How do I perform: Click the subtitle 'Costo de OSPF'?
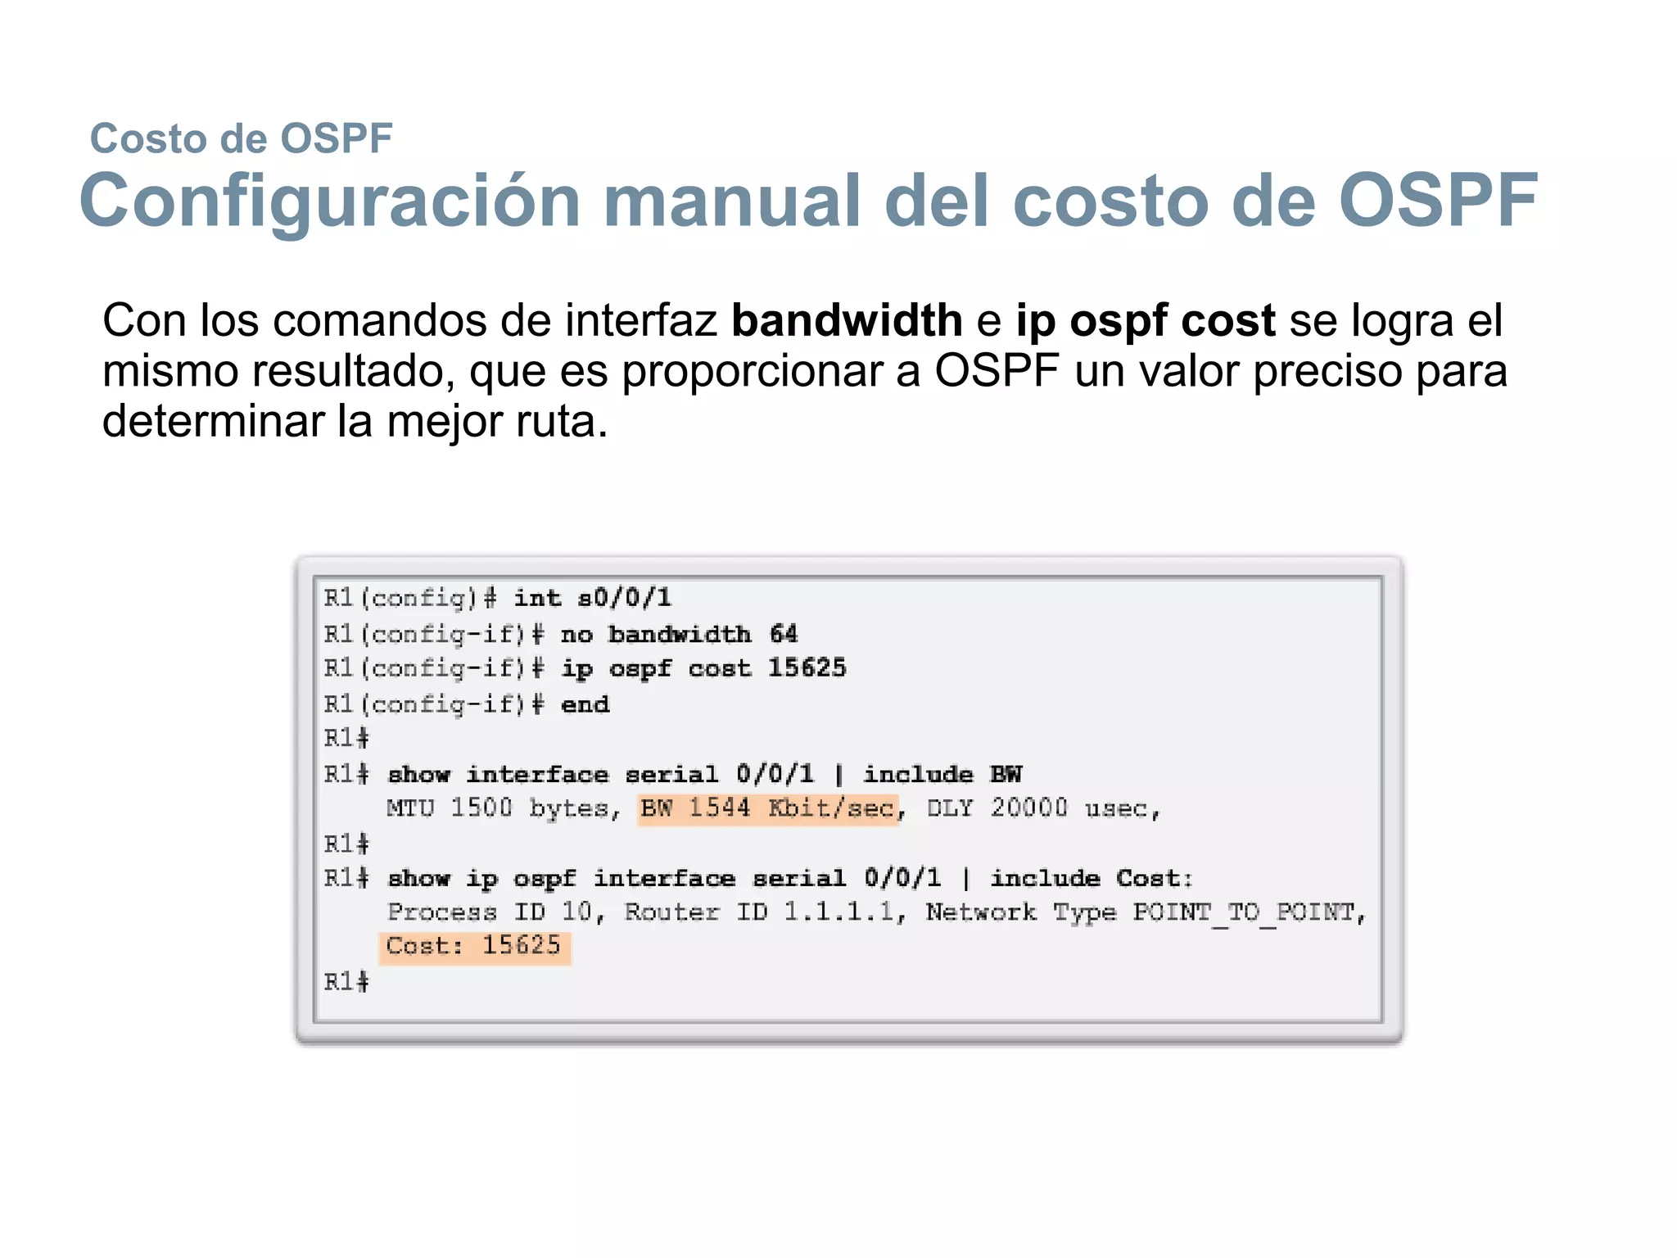[x=241, y=138]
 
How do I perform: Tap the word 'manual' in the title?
[x=731, y=201]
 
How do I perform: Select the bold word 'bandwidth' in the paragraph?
[x=846, y=320]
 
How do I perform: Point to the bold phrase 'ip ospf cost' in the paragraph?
[x=1145, y=320]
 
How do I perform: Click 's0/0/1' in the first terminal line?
[x=624, y=598]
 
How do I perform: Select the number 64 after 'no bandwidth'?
[x=783, y=634]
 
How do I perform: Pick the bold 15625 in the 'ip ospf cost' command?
[x=807, y=668]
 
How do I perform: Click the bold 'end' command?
[x=585, y=704]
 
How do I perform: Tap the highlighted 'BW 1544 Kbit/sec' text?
[x=767, y=809]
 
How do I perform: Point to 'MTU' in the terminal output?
[x=410, y=809]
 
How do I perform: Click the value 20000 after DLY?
[x=1028, y=809]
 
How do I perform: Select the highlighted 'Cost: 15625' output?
[x=474, y=946]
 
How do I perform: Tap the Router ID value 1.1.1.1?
[x=838, y=912]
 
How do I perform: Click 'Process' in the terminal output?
[x=442, y=912]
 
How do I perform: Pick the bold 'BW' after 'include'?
[x=1006, y=775]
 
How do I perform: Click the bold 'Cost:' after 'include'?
[x=1154, y=879]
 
